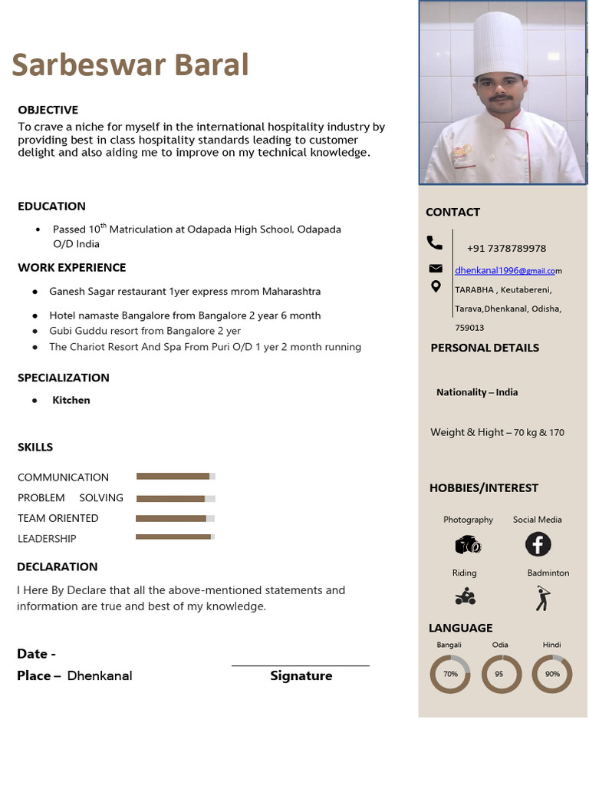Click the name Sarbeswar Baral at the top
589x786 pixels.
click(130, 65)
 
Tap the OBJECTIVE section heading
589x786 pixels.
click(48, 110)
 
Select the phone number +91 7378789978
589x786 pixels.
click(506, 249)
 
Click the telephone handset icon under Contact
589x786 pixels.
click(435, 243)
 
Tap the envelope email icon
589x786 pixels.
click(436, 269)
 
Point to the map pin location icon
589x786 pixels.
click(436, 287)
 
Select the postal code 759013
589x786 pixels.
click(469, 328)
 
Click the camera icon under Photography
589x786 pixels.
click(468, 545)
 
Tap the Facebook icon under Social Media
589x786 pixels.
click(538, 544)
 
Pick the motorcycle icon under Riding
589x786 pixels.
click(465, 596)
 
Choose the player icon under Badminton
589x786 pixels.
click(543, 597)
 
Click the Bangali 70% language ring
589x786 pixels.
click(450, 674)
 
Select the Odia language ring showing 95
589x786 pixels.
click(501, 674)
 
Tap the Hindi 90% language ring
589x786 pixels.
click(551, 674)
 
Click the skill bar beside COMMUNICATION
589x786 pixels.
click(176, 476)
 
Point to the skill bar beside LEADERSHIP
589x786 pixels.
click(175, 537)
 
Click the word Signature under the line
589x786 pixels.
click(301, 676)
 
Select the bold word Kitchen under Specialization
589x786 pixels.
click(71, 400)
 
